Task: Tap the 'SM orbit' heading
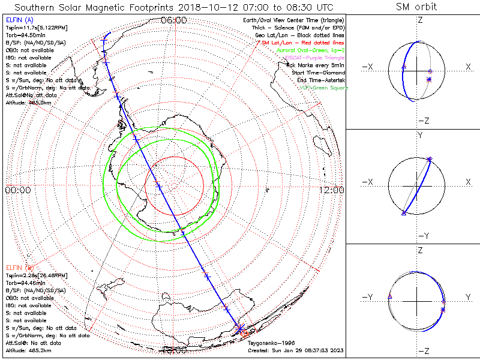click(x=416, y=7)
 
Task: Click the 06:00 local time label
click(x=174, y=20)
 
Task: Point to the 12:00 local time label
click(x=331, y=190)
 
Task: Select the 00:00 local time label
click(x=17, y=190)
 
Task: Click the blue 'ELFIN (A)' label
click(x=18, y=20)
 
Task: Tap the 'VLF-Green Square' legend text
click(x=324, y=88)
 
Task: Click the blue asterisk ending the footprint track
click(x=239, y=329)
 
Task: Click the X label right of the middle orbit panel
click(x=468, y=182)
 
